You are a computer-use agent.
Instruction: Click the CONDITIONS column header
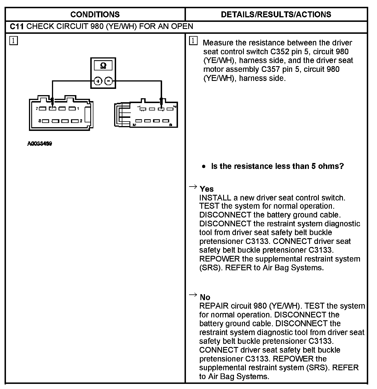(95, 14)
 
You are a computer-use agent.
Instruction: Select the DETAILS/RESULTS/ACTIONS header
(276, 14)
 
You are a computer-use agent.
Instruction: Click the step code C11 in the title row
(16, 27)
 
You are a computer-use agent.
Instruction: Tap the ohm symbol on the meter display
(103, 66)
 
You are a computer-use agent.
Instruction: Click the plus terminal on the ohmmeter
(98, 81)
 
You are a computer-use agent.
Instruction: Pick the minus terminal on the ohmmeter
(108, 81)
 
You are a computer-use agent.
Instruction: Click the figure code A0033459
(39, 144)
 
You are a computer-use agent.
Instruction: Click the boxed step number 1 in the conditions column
(13, 41)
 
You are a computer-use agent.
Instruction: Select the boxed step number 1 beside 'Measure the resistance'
(193, 41)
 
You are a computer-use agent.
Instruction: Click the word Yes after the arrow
(207, 189)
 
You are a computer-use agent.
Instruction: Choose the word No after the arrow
(205, 297)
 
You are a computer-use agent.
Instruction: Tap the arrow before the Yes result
(193, 187)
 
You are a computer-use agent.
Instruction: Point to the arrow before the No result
(193, 295)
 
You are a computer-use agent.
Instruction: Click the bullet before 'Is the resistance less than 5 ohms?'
(204, 166)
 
